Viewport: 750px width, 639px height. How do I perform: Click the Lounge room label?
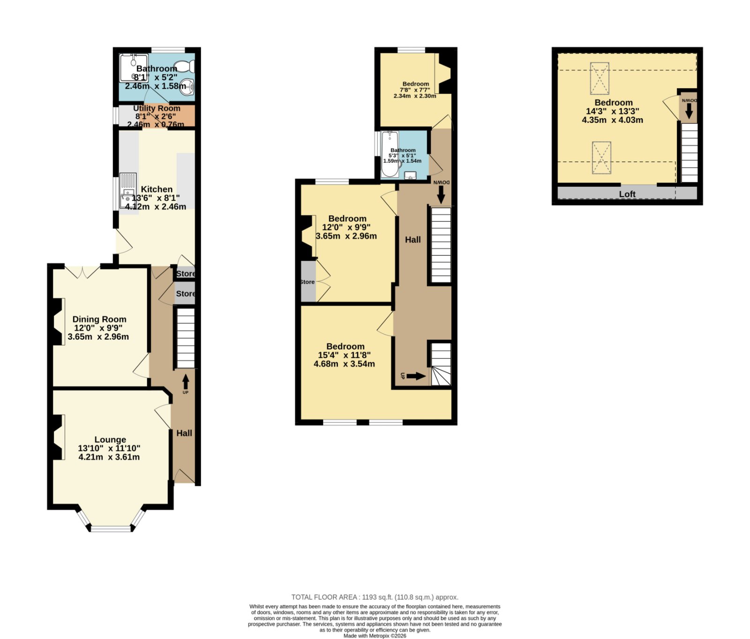click(110, 440)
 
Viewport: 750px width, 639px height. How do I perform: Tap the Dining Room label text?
click(99, 319)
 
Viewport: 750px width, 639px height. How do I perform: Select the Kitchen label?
click(157, 189)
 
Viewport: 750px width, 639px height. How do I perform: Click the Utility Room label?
click(157, 108)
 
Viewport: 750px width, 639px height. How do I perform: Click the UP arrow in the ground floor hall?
click(186, 381)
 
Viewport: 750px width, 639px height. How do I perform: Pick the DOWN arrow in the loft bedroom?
click(689, 111)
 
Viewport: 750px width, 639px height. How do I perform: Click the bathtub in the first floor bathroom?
click(390, 154)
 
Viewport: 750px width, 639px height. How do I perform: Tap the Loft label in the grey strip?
click(627, 194)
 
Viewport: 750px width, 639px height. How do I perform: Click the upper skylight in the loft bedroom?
click(600, 78)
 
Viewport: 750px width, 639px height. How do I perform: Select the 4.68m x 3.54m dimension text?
click(344, 364)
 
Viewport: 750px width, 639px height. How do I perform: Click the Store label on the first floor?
click(307, 282)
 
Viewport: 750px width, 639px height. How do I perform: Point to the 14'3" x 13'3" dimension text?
click(612, 111)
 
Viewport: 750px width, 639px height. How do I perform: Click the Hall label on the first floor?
click(413, 240)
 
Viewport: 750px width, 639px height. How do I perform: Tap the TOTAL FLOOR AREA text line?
click(375, 597)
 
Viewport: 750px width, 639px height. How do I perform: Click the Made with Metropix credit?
click(375, 636)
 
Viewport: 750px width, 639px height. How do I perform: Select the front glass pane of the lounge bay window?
click(112, 529)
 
